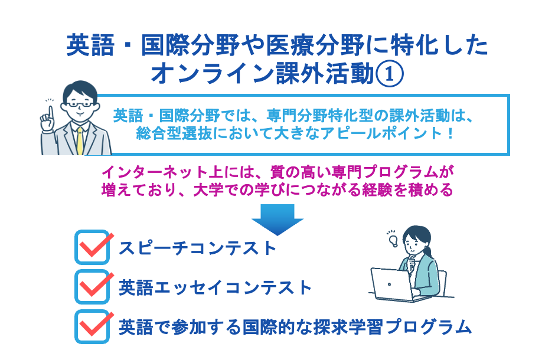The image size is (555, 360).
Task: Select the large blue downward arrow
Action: pos(277,219)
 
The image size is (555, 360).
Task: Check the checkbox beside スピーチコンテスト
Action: pos(93,247)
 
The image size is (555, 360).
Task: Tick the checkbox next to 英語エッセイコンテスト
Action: pos(93,286)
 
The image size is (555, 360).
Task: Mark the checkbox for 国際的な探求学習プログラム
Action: pos(93,325)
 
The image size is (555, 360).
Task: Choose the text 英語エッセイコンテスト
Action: pos(215,287)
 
